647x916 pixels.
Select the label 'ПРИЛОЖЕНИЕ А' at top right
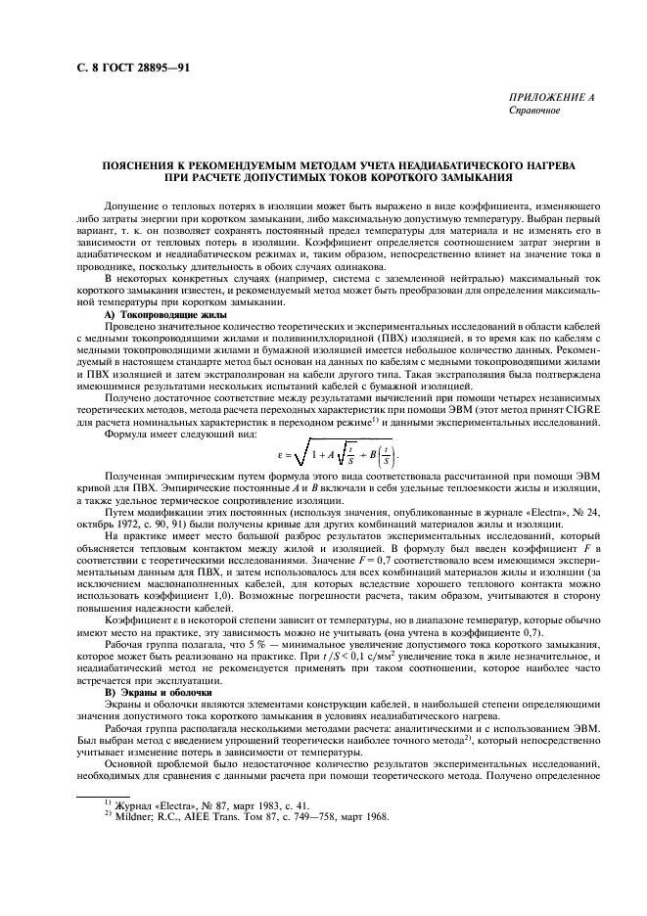point(551,99)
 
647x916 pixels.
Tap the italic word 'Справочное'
point(534,111)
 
